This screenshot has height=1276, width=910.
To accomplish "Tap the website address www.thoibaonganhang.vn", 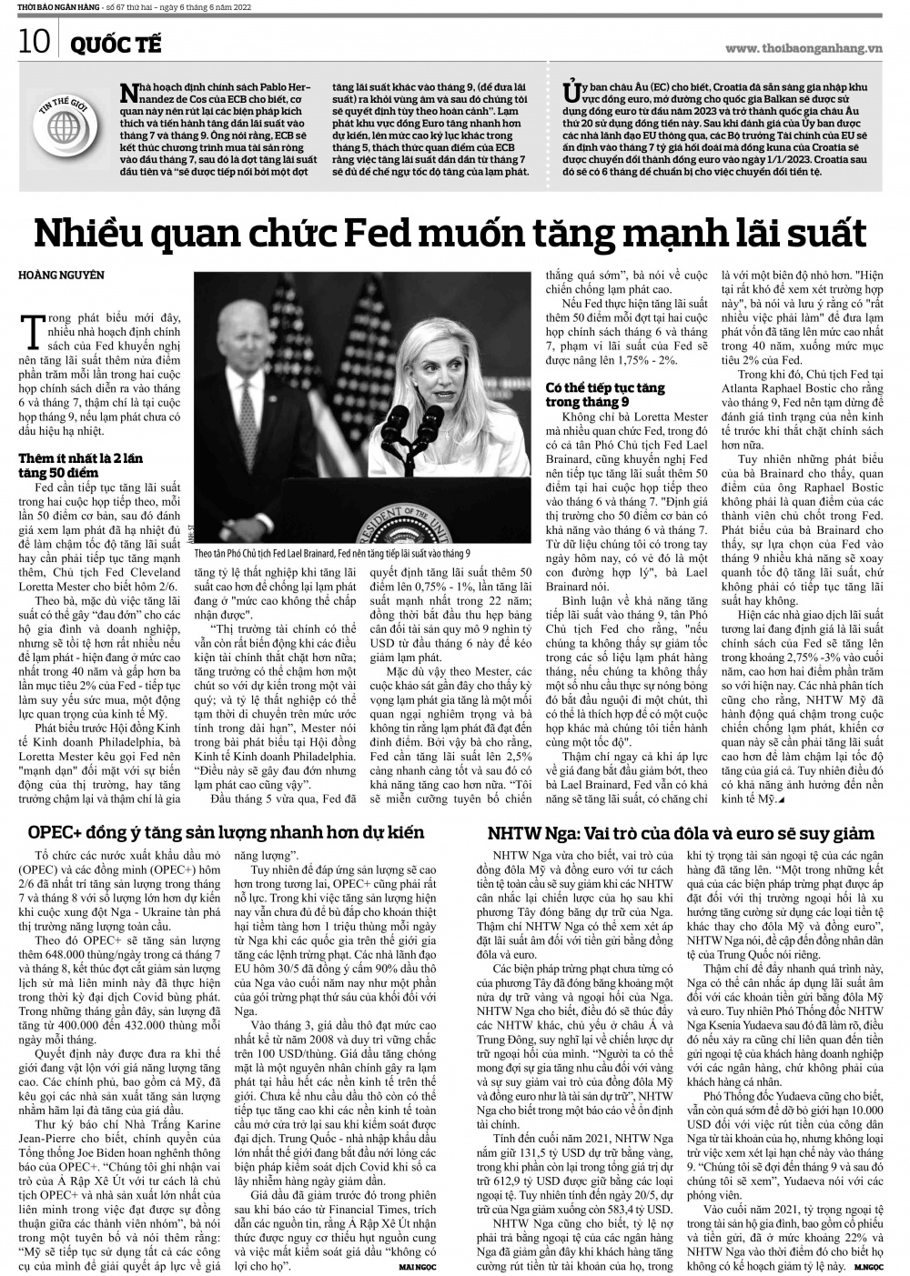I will (x=806, y=47).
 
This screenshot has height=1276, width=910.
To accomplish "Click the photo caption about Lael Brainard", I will (x=332, y=553).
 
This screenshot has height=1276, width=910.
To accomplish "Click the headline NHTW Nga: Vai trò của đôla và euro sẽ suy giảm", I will (x=680, y=833).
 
